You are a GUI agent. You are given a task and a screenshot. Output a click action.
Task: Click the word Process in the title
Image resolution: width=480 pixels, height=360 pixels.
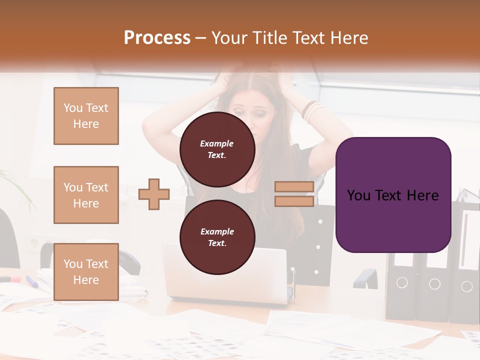point(157,38)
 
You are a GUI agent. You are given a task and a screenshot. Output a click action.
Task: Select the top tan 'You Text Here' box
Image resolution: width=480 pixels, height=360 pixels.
point(86,116)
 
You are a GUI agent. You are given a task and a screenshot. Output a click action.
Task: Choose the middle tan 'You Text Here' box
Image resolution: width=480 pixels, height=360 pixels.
point(86,195)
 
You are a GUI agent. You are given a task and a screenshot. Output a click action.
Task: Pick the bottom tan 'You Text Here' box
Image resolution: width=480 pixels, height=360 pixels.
point(86,271)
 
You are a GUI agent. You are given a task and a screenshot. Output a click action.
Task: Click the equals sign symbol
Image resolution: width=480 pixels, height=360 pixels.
point(294,194)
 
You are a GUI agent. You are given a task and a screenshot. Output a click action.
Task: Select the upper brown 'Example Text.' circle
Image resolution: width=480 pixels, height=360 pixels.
point(217,149)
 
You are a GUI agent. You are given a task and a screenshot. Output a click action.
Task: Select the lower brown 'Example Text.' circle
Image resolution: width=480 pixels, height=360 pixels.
point(217,237)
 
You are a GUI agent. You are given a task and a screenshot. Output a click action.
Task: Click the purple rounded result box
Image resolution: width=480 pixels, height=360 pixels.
point(393,195)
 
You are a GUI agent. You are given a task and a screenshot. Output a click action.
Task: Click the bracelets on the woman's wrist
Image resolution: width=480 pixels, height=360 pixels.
point(313,111)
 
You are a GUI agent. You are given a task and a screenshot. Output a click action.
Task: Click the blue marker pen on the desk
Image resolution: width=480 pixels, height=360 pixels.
point(32,281)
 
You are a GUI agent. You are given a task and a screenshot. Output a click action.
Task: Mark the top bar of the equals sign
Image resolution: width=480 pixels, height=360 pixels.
point(294,187)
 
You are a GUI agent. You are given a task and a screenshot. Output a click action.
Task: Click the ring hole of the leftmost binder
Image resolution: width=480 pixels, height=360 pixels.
point(402,283)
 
